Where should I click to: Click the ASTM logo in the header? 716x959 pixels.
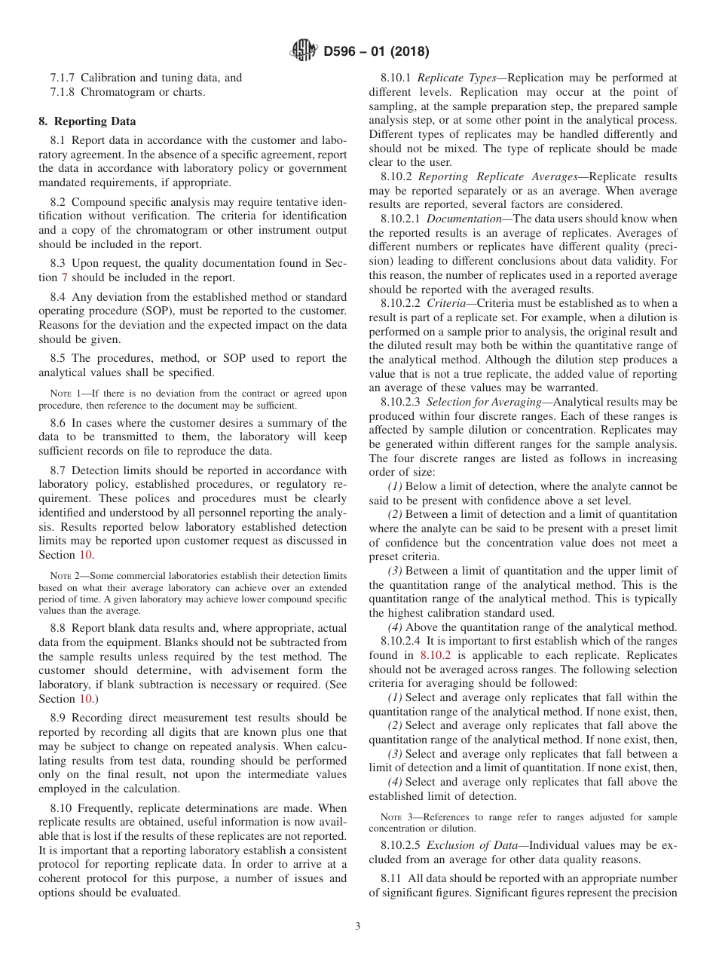coord(304,51)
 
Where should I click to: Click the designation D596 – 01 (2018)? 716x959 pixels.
coord(376,52)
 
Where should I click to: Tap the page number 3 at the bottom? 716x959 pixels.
coord(358,927)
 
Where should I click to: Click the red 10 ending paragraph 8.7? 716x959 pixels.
coord(85,554)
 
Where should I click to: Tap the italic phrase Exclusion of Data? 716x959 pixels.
coord(476,845)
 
